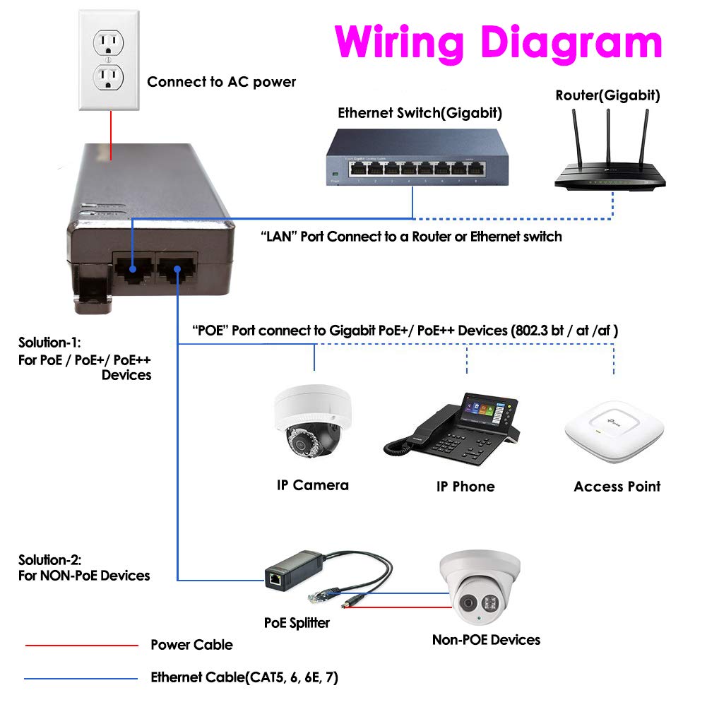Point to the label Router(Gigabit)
coord(607,95)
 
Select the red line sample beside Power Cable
coord(81,645)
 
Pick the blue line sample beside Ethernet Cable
coord(81,679)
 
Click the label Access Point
coord(617,487)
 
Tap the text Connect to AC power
coord(221,82)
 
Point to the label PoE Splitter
coord(297,623)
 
